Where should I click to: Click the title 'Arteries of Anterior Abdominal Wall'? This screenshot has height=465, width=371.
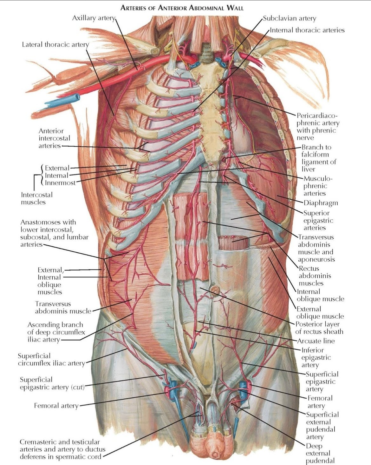click(182, 7)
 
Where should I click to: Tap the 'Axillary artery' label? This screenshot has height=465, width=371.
click(93, 18)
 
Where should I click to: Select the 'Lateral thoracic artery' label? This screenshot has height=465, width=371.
click(55, 44)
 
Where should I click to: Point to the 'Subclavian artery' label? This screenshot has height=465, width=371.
click(290, 18)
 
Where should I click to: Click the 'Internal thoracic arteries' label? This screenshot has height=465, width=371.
click(307, 30)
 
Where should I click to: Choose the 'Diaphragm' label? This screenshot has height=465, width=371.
click(321, 203)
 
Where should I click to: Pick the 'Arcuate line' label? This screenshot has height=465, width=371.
click(316, 341)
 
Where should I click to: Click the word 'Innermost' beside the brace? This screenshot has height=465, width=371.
click(60, 183)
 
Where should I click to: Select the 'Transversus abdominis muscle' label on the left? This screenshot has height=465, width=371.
click(63, 307)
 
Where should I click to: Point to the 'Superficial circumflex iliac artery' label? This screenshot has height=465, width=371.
click(51, 359)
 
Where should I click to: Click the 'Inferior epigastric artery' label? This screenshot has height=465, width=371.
click(316, 357)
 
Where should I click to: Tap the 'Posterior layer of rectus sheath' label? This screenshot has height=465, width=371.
click(319, 328)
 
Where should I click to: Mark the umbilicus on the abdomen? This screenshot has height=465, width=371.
click(215, 290)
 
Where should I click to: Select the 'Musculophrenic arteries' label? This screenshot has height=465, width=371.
click(317, 186)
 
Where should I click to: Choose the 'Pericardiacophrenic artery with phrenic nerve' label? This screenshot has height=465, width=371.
click(317, 127)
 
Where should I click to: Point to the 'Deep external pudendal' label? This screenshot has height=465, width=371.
click(318, 453)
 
